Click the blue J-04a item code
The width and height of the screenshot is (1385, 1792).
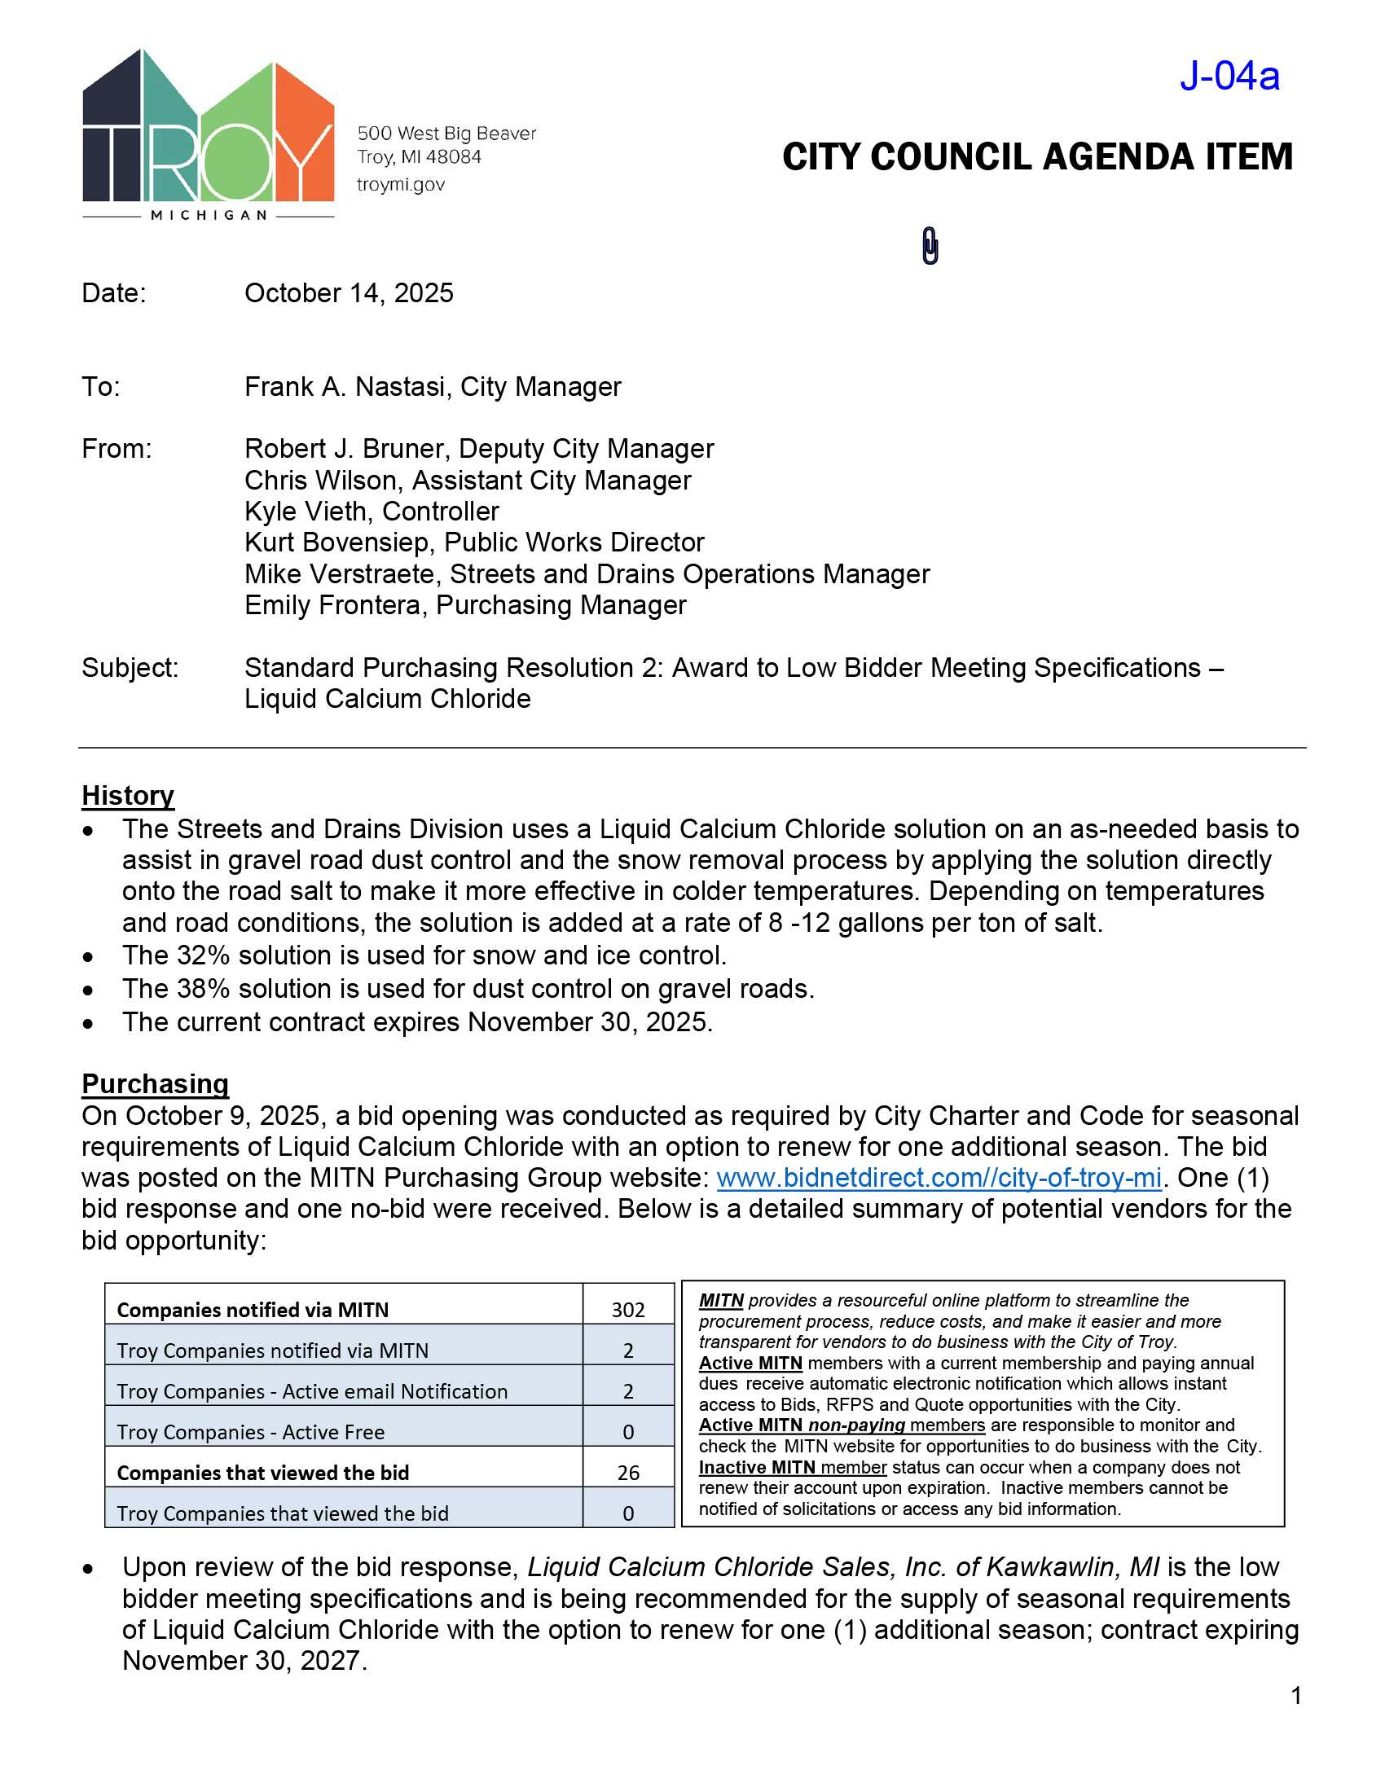[x=1229, y=77]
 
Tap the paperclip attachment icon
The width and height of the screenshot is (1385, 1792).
[x=930, y=245]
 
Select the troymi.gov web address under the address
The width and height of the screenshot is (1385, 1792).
[x=400, y=185]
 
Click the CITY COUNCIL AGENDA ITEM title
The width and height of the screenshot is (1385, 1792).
[x=1037, y=156]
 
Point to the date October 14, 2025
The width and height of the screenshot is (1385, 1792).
[x=349, y=293]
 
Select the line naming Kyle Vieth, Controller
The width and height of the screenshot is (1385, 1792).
[x=372, y=512]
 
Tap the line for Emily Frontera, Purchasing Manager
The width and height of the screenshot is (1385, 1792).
[x=465, y=604]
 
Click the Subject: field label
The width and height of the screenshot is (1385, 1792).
[x=130, y=667]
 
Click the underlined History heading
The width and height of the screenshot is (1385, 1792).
[x=128, y=795]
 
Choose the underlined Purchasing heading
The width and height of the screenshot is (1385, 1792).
[x=155, y=1083]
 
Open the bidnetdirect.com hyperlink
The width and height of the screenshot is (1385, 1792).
[x=939, y=1178]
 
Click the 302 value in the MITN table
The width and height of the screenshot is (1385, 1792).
[x=627, y=1310]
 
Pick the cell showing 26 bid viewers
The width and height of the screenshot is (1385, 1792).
[x=627, y=1472]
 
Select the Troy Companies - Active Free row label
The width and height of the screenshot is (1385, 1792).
[x=250, y=1432]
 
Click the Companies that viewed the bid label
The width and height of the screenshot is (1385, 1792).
[x=262, y=1472]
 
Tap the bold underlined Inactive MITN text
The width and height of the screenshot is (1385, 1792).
[x=757, y=1466]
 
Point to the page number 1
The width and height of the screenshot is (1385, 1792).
[x=1295, y=1695]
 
